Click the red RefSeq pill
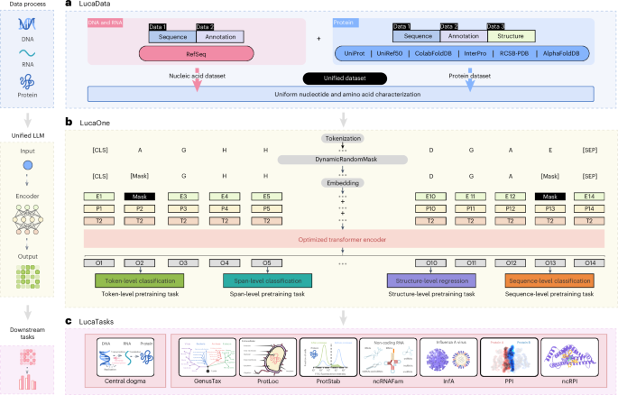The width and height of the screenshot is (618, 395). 193,54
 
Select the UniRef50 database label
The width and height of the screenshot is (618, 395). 398,54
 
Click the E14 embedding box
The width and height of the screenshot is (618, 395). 588,195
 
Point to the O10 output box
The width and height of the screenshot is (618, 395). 431,262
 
